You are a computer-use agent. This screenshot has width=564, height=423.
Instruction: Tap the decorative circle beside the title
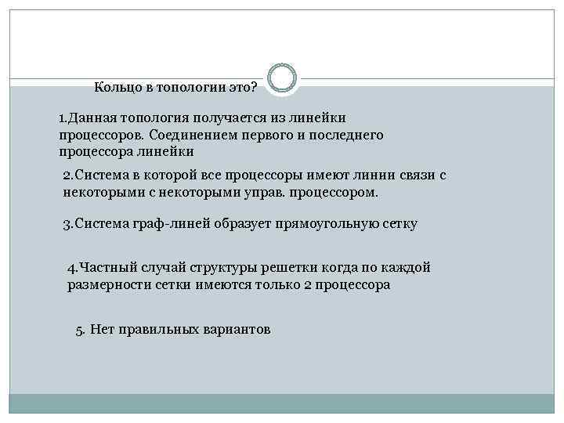(282, 78)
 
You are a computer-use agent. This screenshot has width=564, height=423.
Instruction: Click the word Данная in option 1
(92, 118)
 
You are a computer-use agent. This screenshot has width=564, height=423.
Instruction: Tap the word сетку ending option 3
(399, 224)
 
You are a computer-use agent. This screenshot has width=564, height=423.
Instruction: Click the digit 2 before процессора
(307, 285)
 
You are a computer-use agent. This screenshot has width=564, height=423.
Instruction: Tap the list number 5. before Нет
(80, 329)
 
